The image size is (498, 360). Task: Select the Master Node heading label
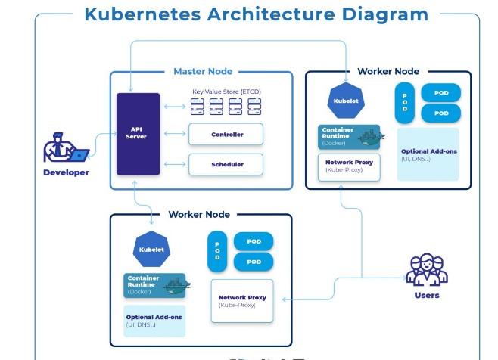tap(203, 71)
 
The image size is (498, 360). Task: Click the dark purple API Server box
tap(138, 134)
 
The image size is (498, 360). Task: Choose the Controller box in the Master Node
tap(226, 135)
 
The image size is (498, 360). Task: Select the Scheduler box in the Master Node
tap(226, 164)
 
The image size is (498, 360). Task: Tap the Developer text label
tap(65, 172)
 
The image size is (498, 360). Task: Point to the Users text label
tap(427, 295)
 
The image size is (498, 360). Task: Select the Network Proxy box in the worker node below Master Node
tap(241, 301)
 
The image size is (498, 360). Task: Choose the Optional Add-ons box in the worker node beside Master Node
tap(428, 155)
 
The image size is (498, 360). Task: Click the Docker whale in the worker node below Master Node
tap(177, 286)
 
